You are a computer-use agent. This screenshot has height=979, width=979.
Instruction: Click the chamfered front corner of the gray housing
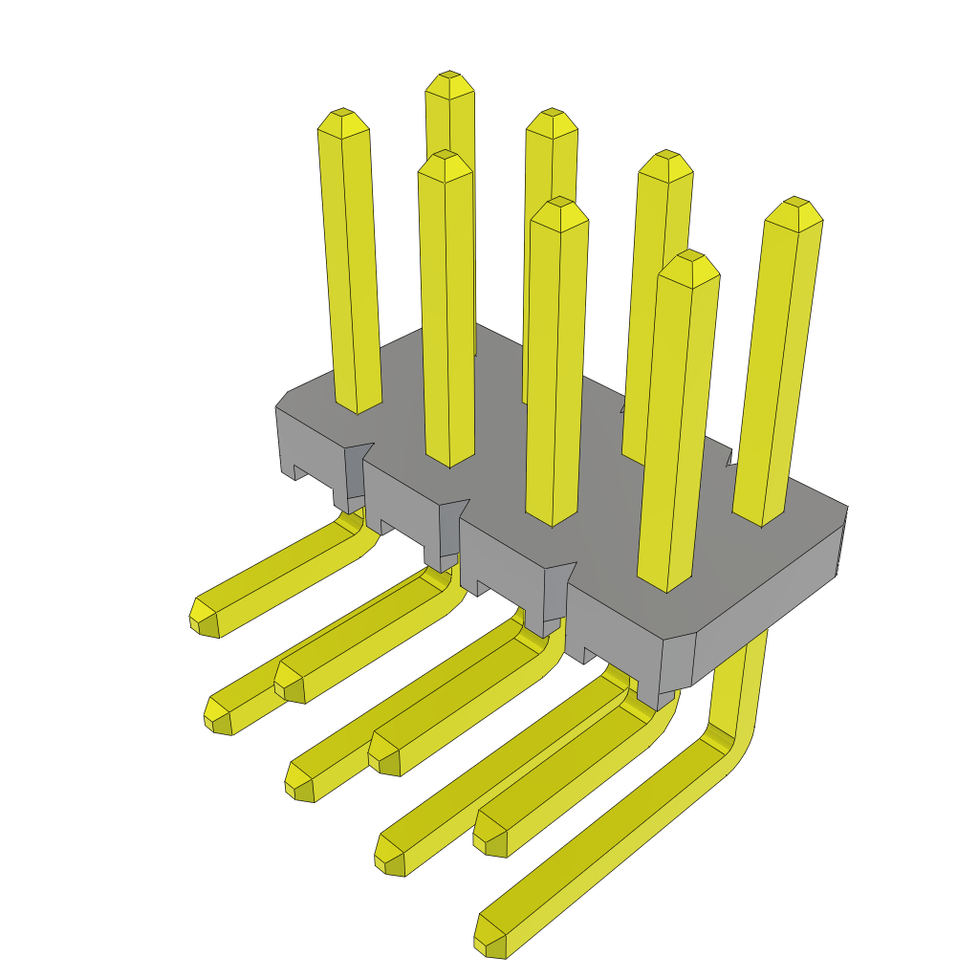(x=678, y=660)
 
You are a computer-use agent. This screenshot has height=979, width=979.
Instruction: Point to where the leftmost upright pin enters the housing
(x=358, y=405)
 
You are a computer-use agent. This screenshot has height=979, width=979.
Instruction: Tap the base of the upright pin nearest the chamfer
(x=665, y=583)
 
